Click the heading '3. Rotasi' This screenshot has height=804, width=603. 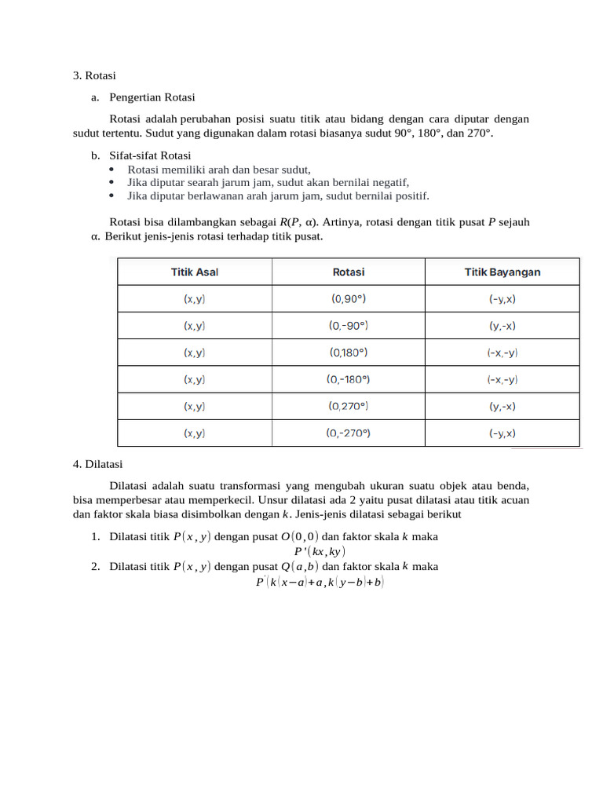click(x=94, y=76)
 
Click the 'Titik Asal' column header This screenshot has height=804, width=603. click(x=195, y=272)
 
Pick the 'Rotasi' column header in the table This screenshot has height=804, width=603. click(x=349, y=272)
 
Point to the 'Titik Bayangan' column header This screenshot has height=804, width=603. click(x=502, y=272)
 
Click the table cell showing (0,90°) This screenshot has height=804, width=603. click(x=349, y=299)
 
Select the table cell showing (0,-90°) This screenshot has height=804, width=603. click(x=349, y=326)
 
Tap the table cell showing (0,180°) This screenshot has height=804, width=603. click(x=349, y=353)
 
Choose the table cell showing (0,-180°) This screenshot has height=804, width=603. click(x=349, y=379)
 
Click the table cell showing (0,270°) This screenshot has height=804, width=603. click(x=349, y=406)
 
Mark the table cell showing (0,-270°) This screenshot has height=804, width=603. click(x=349, y=433)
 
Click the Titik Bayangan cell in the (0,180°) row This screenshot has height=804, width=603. click(x=502, y=353)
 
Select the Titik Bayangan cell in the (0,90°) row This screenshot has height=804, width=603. click(x=502, y=299)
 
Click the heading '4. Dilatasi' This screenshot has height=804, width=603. click(x=97, y=464)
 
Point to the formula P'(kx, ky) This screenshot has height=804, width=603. click(x=303, y=551)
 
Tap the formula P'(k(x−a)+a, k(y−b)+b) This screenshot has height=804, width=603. click(x=320, y=583)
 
